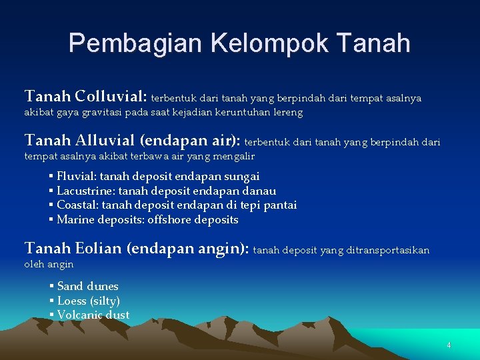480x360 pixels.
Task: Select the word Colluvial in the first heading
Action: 110,97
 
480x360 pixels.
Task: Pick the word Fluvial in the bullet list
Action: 75,177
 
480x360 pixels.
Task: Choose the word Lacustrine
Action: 85,191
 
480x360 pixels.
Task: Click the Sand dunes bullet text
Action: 87,286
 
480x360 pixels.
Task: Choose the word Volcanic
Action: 80,315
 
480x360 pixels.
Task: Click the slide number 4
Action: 449,345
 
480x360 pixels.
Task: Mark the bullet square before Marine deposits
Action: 51,219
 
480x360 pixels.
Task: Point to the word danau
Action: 261,191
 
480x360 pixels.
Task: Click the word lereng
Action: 287,113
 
